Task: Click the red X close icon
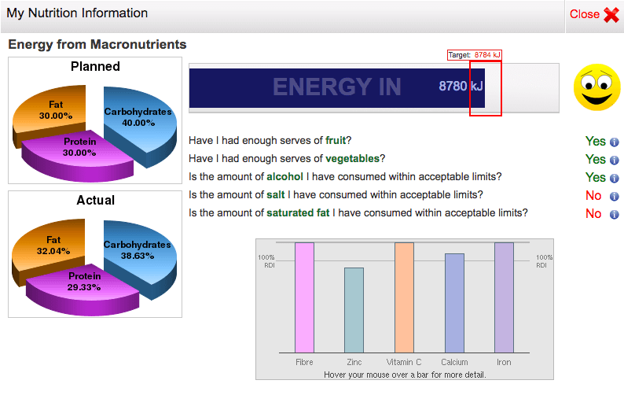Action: (x=611, y=15)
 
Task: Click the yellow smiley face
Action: (x=596, y=87)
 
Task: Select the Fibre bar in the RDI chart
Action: (x=304, y=297)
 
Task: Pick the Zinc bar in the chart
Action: (x=354, y=310)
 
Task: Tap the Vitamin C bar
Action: (x=404, y=297)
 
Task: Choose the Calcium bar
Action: (x=454, y=303)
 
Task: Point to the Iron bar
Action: (x=504, y=297)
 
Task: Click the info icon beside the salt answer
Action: (x=615, y=196)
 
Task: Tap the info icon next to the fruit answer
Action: (x=615, y=142)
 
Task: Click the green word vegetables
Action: (x=353, y=159)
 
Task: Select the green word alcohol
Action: (x=285, y=176)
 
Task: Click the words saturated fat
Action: (x=298, y=213)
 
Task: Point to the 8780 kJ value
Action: (x=461, y=86)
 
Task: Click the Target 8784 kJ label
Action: (x=475, y=55)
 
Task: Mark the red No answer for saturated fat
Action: (x=593, y=214)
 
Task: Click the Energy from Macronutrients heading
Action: (x=97, y=44)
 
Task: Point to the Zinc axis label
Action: (x=354, y=362)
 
